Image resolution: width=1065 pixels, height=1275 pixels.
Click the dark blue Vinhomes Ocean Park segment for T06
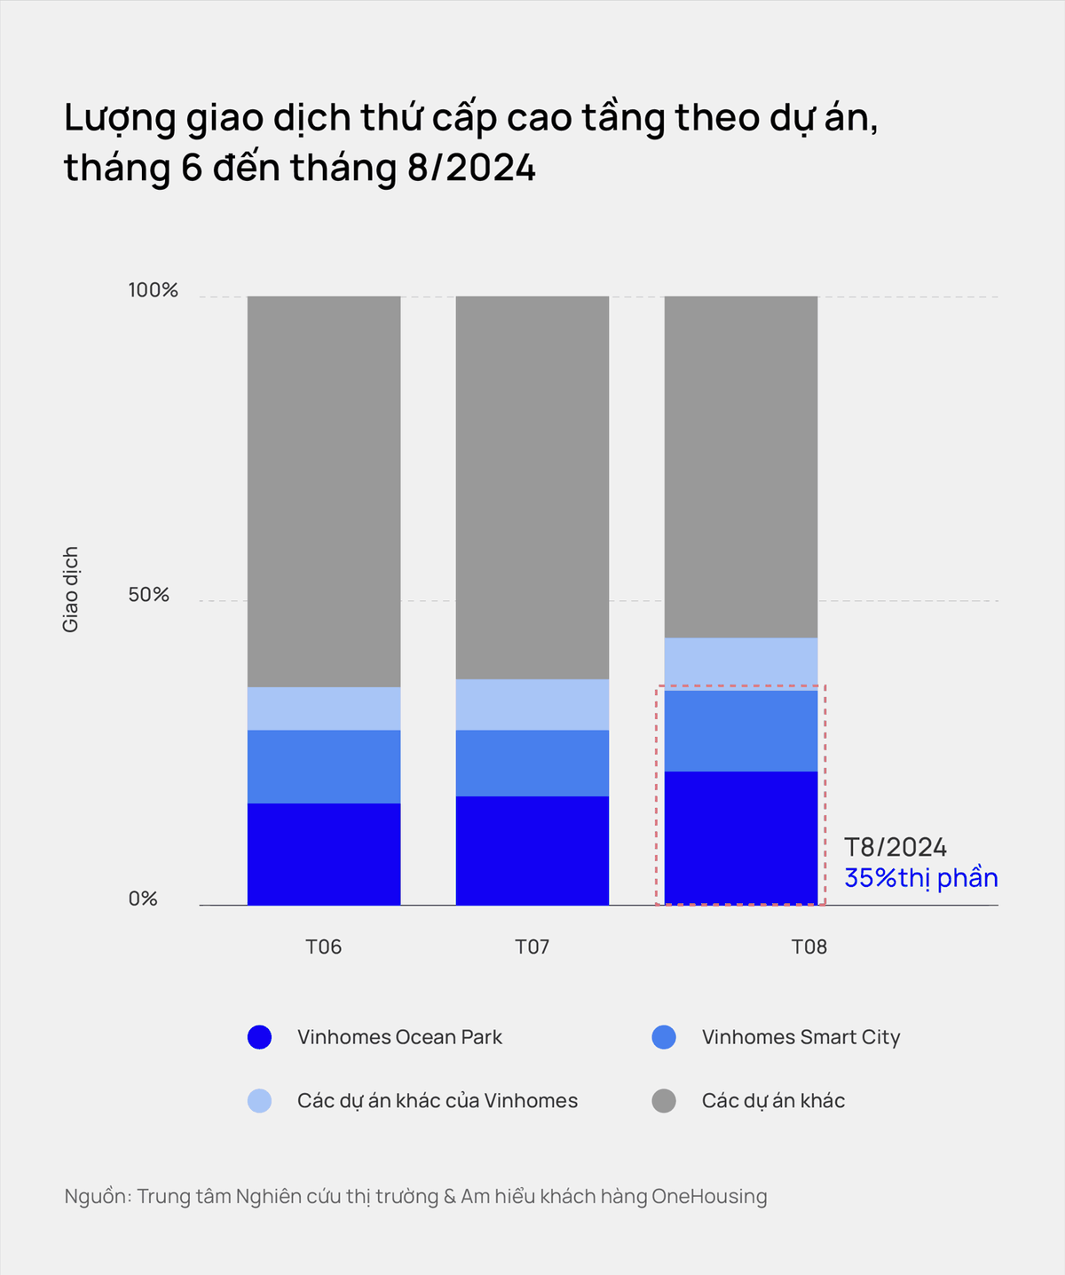click(x=324, y=854)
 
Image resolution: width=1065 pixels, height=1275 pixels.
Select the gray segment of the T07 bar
click(x=532, y=487)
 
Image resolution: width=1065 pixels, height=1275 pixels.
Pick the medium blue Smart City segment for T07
click(x=532, y=763)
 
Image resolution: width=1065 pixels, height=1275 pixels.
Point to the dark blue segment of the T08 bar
click(x=741, y=838)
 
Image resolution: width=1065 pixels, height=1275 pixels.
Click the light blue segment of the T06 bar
click(x=324, y=709)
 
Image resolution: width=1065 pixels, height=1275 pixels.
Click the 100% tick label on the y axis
click(x=154, y=290)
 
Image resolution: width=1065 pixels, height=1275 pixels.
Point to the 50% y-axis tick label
click(x=149, y=595)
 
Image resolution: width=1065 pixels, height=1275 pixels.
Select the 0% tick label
click(x=143, y=899)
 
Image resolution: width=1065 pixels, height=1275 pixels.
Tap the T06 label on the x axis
click(x=324, y=946)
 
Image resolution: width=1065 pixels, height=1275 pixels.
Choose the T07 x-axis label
click(x=532, y=946)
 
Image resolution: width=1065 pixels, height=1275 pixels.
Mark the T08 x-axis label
click(x=809, y=946)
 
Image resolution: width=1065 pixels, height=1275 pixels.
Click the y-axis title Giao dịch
click(x=71, y=590)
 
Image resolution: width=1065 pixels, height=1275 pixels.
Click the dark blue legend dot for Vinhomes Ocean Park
click(x=259, y=1037)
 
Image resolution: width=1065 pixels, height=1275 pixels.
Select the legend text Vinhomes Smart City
click(x=801, y=1037)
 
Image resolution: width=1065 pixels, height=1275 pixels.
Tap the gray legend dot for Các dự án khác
click(x=664, y=1101)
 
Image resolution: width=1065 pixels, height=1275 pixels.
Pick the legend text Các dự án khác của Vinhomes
click(x=438, y=1101)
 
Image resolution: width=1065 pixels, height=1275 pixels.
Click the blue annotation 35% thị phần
click(x=921, y=878)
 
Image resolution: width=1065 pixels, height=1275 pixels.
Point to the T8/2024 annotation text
click(x=895, y=847)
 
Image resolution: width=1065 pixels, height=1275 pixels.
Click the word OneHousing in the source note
click(x=709, y=1196)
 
